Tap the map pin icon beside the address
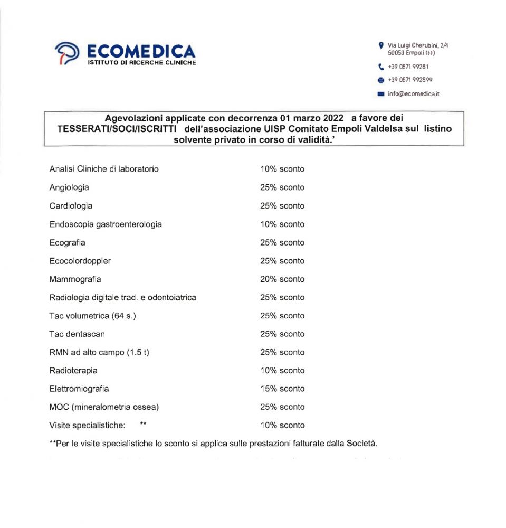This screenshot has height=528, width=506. click(x=381, y=46)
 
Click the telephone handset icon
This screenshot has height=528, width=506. click(x=381, y=67)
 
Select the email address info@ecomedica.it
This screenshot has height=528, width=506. click(x=414, y=94)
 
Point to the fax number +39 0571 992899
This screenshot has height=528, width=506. click(x=410, y=80)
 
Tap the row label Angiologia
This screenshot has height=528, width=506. click(x=69, y=187)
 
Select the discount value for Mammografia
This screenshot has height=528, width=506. click(x=282, y=279)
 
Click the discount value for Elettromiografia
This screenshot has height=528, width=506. click(x=282, y=389)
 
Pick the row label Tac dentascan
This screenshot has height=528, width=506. click(x=77, y=334)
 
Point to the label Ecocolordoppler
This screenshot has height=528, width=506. click(x=80, y=261)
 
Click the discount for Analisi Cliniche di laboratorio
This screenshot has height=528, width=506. click(x=282, y=169)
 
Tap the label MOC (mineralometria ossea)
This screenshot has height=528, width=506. click(x=104, y=407)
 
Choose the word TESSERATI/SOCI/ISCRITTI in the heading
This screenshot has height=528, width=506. click(x=116, y=128)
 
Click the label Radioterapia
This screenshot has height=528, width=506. click(x=73, y=371)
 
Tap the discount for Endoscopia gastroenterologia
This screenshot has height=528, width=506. click(x=282, y=224)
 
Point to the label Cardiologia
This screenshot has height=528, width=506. click(x=71, y=206)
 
